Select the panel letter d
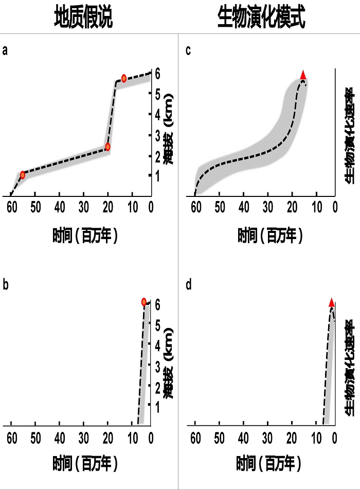coord(188,284)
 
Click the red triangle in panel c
coord(303,74)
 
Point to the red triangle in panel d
coord(332,302)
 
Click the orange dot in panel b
coord(144,302)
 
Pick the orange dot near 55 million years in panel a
coord(23,175)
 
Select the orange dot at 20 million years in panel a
coord(107,147)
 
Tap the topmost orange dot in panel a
coord(124,78)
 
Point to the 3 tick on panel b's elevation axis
coord(158,365)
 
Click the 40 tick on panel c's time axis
coord(243,208)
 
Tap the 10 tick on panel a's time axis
coord(132,208)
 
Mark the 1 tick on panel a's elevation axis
coord(158,175)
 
